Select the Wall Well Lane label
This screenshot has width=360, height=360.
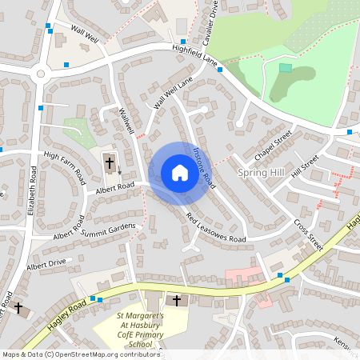tap(174, 94)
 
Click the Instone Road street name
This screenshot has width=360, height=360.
tap(203, 166)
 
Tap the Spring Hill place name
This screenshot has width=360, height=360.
tap(261, 172)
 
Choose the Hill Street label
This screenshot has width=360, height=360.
tap(305, 166)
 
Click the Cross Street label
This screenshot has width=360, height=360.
tap(308, 235)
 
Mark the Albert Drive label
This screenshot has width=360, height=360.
tap(46, 263)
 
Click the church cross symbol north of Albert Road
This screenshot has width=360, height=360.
tap(110, 163)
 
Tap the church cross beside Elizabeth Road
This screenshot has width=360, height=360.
tap(18, 307)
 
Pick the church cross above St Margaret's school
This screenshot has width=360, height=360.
tap(177, 301)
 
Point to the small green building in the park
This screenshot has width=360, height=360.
tap(285, 68)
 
